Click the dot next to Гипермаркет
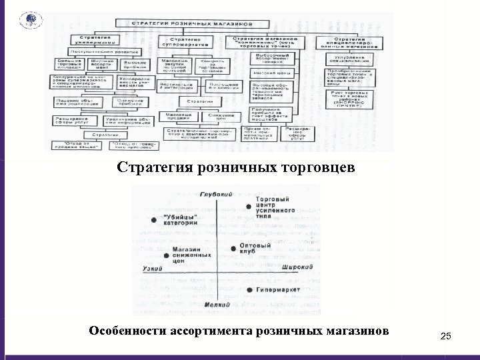click(x=249, y=291)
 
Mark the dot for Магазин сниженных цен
click(x=165, y=255)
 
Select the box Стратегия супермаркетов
click(x=187, y=41)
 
